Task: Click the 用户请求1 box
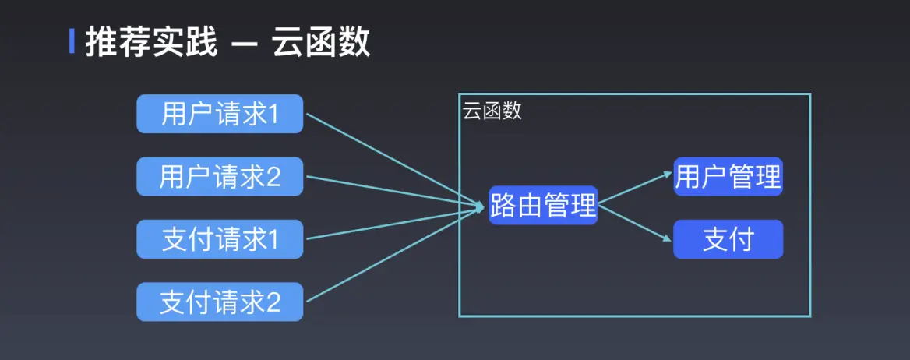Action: (220, 115)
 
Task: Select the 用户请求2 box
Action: (220, 177)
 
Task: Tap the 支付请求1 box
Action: (220, 239)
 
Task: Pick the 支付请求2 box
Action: (220, 302)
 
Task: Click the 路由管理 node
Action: (543, 206)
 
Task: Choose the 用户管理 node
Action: (728, 177)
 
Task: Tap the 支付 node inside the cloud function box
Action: (728, 239)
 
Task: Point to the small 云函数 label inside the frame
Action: (492, 111)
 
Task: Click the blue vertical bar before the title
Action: (72, 42)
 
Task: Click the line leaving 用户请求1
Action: (390, 160)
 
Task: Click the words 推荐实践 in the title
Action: (151, 43)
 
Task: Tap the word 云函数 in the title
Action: (321, 43)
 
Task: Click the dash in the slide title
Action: (245, 44)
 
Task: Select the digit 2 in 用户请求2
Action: (273, 178)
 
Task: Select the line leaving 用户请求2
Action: (390, 191)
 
